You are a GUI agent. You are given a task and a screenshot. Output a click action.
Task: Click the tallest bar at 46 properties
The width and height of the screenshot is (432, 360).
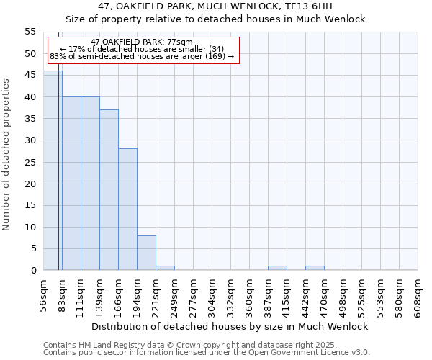(x=53, y=171)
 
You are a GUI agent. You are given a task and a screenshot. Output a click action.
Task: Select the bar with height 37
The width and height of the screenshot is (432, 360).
(x=109, y=190)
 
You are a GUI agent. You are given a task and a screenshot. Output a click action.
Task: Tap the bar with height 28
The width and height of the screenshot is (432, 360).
(x=127, y=210)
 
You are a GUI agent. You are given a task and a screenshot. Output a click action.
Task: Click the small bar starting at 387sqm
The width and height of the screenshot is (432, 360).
(x=277, y=268)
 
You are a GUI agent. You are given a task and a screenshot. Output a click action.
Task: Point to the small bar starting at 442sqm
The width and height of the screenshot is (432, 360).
(x=315, y=268)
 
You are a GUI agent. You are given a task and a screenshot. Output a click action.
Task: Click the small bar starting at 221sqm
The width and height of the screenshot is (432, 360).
(x=165, y=268)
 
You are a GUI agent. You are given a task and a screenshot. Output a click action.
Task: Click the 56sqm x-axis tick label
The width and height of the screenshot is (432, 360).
(x=44, y=295)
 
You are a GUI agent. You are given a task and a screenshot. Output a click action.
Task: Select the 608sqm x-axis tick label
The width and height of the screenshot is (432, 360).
(x=418, y=295)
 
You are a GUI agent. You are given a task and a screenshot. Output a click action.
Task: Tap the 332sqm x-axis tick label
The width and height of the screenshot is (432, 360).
(x=231, y=295)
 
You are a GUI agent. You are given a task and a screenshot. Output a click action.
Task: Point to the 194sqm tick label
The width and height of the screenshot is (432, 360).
(x=138, y=295)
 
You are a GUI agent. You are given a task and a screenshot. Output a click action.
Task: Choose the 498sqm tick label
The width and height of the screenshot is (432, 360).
(x=343, y=295)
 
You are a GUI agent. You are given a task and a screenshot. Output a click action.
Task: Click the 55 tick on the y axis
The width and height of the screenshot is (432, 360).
(x=30, y=32)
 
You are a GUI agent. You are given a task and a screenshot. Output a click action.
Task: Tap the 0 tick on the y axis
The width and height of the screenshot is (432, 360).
(x=33, y=270)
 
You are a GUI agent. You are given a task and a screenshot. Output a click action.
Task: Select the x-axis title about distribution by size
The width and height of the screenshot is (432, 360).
(x=230, y=326)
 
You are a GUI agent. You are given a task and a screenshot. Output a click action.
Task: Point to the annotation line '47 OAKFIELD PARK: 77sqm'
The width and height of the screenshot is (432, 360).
(x=143, y=42)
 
